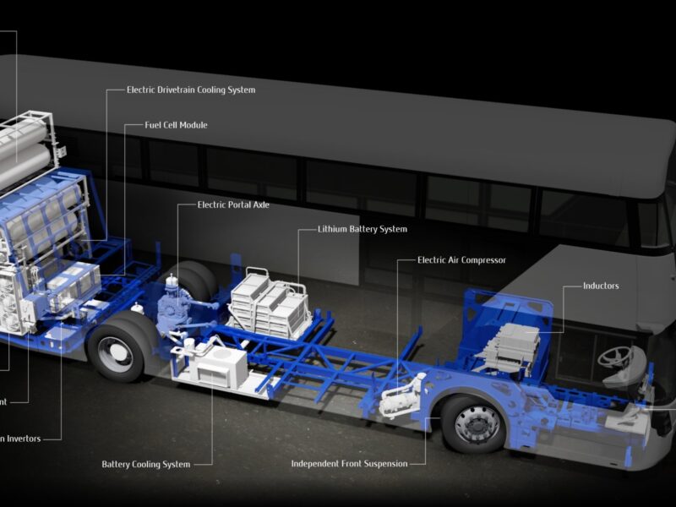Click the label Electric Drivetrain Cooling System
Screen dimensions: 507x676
tap(190, 90)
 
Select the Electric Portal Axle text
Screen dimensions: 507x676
tap(233, 204)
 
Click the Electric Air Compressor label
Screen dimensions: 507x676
tap(461, 260)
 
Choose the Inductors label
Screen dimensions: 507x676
tap(601, 286)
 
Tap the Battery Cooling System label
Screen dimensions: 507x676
tap(145, 464)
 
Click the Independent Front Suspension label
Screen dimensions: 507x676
tap(349, 463)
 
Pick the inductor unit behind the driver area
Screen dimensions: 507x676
tap(512, 343)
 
